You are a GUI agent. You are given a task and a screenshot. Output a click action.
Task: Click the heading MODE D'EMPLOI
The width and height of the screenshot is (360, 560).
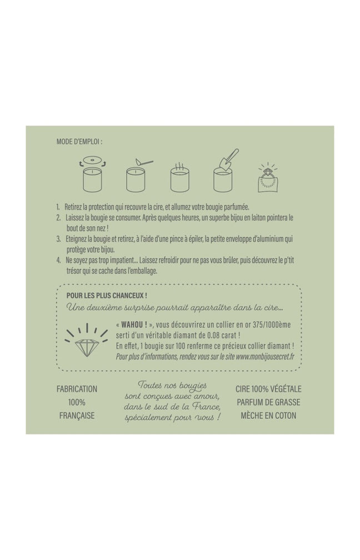tap(78, 142)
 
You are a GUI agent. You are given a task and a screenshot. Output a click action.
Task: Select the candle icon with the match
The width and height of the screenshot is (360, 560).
tap(138, 175)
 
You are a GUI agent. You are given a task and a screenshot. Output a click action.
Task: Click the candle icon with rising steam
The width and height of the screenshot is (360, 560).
tap(179, 178)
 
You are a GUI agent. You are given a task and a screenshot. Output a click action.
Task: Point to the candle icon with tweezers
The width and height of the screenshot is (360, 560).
tap(225, 171)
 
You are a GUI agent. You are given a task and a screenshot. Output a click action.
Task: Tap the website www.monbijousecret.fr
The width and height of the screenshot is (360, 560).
tap(265, 357)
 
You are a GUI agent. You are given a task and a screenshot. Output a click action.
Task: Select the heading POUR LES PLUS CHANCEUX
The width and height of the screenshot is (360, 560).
tap(107, 296)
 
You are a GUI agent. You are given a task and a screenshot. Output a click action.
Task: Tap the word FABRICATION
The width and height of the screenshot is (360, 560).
tap(77, 389)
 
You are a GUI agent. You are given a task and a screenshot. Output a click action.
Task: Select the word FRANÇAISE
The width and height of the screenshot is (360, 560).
tap(77, 416)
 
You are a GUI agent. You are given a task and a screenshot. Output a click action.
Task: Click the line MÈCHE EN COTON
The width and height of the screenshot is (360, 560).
tap(268, 416)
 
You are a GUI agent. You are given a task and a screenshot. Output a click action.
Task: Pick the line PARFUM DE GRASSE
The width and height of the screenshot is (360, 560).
tap(268, 402)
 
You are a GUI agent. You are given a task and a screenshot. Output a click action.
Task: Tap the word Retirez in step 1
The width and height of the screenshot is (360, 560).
tap(73, 207)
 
